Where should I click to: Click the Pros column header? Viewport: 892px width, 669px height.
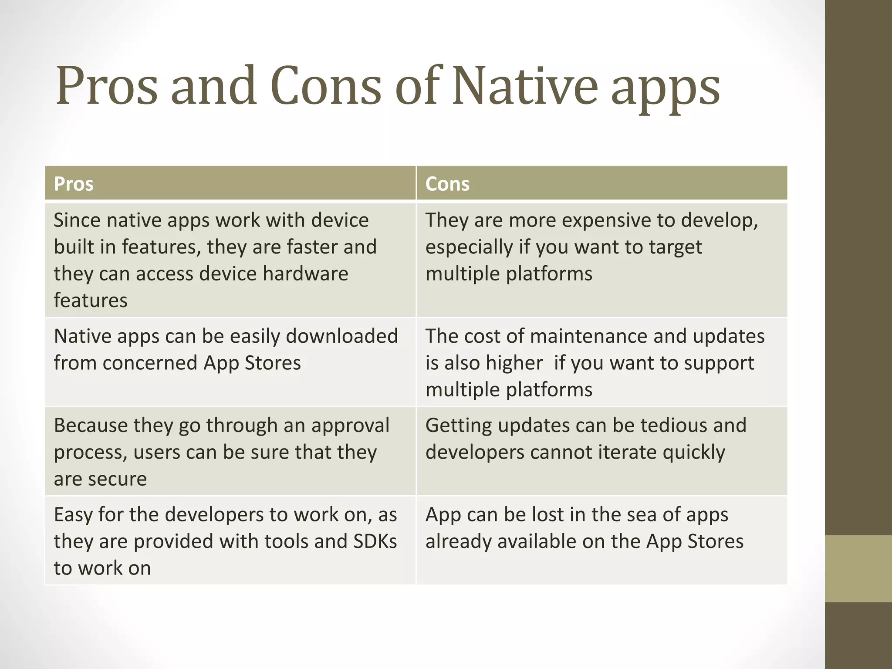74,184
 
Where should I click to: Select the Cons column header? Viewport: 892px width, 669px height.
447,184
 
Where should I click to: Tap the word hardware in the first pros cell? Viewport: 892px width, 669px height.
305,274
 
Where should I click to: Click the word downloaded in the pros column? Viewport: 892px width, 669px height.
341,336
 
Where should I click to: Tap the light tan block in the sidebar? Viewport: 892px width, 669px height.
858,568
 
